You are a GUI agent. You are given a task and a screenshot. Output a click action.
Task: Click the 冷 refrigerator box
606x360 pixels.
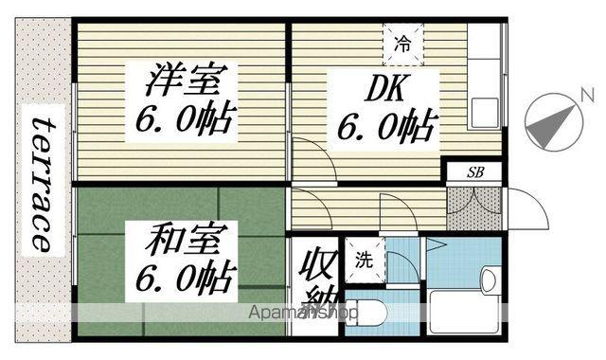(x=402, y=42)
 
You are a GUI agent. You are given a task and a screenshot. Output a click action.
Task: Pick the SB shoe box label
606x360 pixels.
(x=472, y=172)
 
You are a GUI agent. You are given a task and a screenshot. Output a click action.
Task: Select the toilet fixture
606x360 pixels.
(x=365, y=314)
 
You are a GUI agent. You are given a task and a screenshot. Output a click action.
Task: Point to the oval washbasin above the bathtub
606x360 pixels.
(x=488, y=279)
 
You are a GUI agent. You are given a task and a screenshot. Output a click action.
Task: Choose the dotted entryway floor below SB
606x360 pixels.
(x=472, y=207)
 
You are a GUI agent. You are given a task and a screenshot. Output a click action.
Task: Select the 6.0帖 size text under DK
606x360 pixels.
(x=383, y=126)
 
